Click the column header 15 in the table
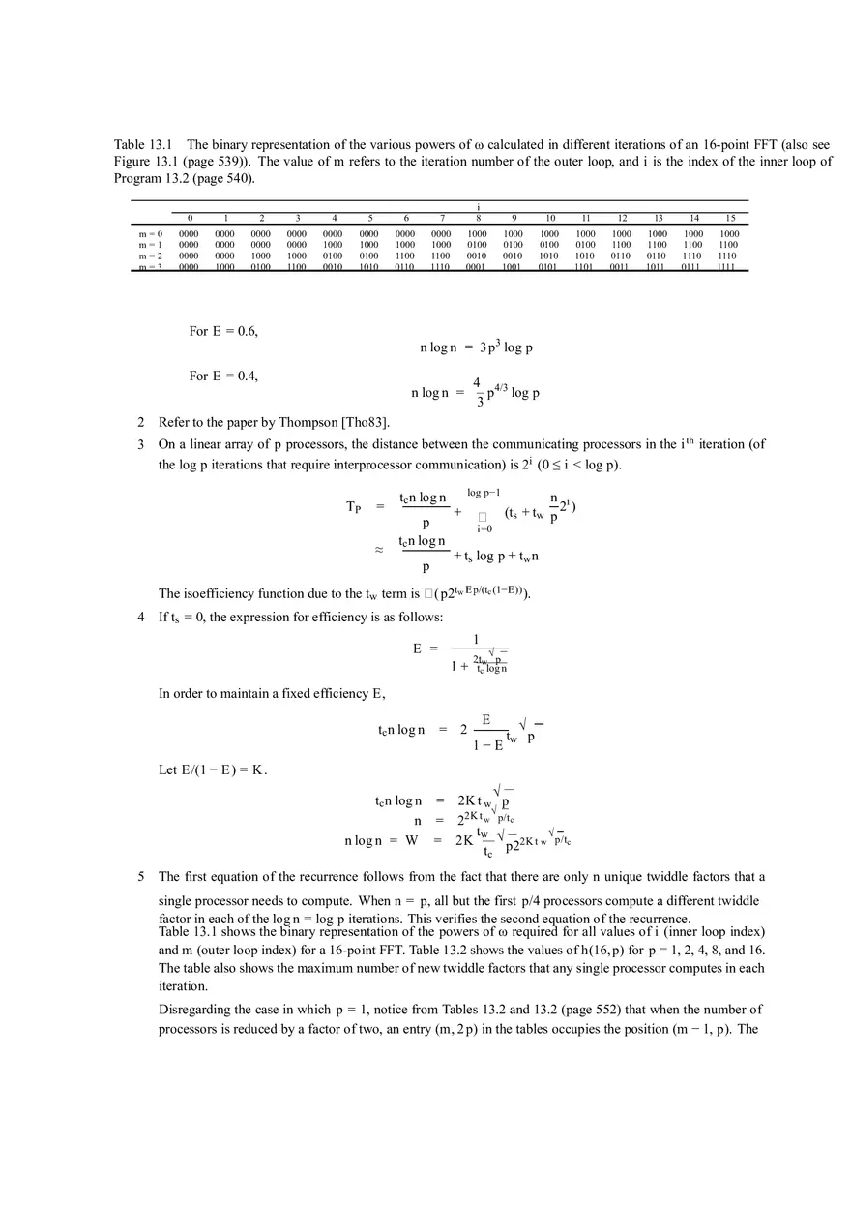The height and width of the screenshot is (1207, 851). tap(730, 219)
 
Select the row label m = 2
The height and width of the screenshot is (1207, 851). tap(150, 256)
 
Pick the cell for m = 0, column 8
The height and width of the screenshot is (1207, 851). tap(478, 234)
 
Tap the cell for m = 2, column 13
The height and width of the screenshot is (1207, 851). tap(658, 256)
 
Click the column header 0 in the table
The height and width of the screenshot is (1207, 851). tap(190, 219)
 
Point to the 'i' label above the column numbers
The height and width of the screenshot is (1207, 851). tap(478, 206)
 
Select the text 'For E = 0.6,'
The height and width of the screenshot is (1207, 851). tap(223, 331)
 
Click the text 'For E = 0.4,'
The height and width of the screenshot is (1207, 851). tap(223, 377)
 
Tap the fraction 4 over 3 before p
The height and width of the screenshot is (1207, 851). tap(477, 392)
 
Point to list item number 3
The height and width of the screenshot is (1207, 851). tap(141, 444)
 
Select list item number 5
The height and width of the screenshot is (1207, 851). tap(141, 877)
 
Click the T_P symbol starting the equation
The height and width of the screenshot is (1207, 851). tap(356, 507)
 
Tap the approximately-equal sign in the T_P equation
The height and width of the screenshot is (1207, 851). tap(379, 549)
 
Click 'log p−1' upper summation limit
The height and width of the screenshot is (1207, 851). tap(484, 493)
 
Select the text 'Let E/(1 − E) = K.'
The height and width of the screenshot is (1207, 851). tap(213, 770)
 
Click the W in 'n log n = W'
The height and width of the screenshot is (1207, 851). tap(412, 840)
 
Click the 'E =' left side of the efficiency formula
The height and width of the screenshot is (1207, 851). tap(425, 649)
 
